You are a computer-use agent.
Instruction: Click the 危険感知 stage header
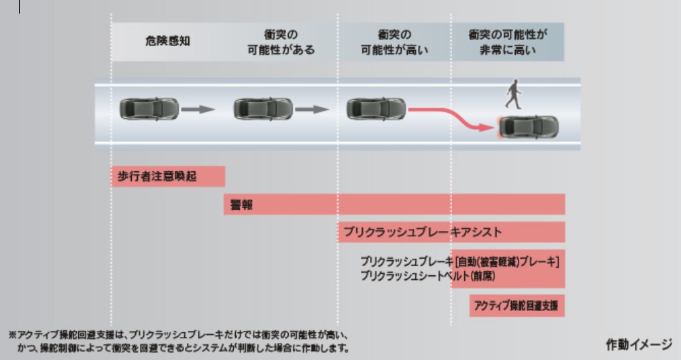pyautogui.click(x=167, y=41)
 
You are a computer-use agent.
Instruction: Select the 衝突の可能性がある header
pyautogui.click(x=281, y=41)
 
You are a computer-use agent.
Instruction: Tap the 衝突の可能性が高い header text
pyautogui.click(x=394, y=41)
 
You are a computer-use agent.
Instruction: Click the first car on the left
pyautogui.click(x=149, y=109)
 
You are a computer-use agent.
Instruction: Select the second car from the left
pyautogui.click(x=262, y=109)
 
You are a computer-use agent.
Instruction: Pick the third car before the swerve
pyautogui.click(x=376, y=109)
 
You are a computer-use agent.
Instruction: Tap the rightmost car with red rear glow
pyautogui.click(x=529, y=126)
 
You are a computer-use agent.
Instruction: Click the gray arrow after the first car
pyautogui.click(x=198, y=109)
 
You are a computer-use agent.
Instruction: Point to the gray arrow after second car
pyautogui.click(x=312, y=109)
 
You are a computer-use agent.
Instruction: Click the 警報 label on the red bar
pyautogui.click(x=241, y=204)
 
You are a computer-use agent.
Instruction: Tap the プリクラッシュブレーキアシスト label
pyautogui.click(x=422, y=232)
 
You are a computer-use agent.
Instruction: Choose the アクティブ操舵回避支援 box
pyautogui.click(x=517, y=306)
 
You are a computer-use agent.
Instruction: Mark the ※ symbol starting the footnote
pyautogui.click(x=12, y=335)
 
